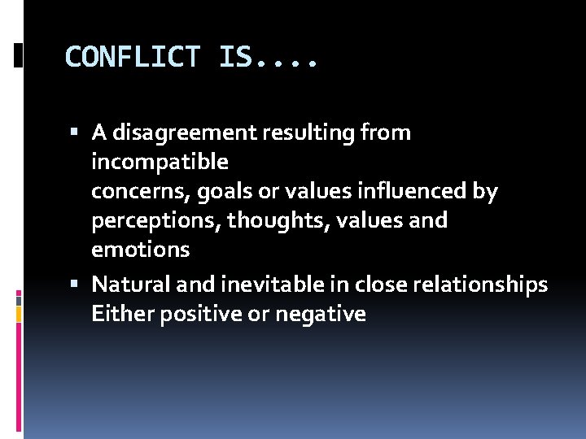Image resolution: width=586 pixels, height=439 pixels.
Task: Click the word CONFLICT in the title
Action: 132,57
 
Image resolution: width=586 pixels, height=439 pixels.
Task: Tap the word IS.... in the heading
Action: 269,57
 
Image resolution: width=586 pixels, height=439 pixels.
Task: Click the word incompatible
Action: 160,162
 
